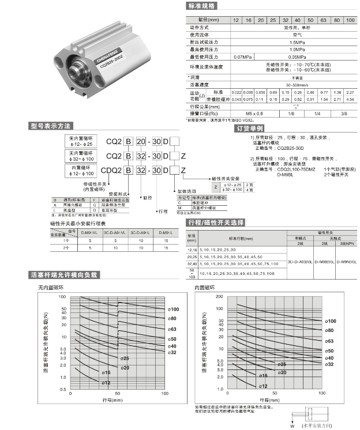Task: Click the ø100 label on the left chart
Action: [x=173, y=310]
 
